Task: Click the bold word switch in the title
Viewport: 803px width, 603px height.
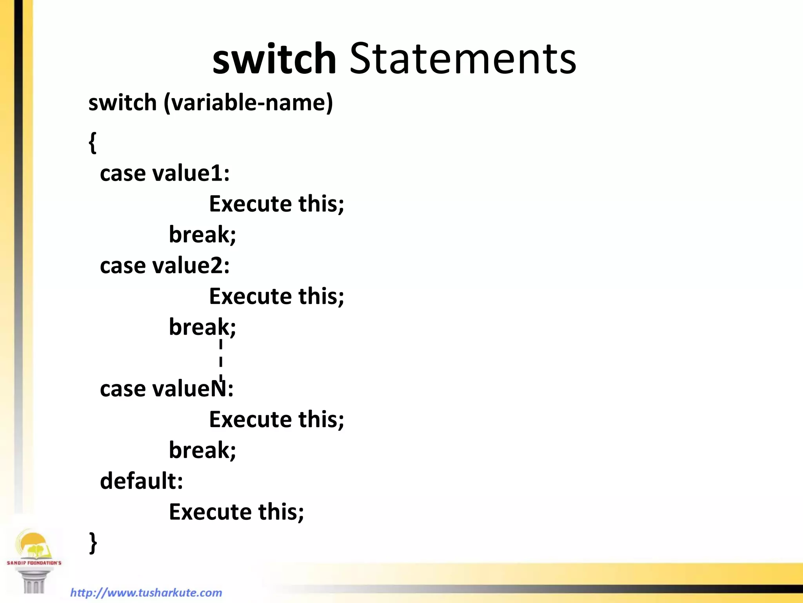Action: tap(274, 59)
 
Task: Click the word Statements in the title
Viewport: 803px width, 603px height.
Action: tap(463, 59)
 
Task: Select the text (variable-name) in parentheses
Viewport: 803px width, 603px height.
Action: tap(248, 103)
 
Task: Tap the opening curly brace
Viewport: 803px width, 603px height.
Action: tap(93, 142)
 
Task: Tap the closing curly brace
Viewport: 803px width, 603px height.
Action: tap(93, 543)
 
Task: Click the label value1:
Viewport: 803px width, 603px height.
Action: tap(191, 173)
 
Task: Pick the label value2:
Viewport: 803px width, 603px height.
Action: tap(191, 265)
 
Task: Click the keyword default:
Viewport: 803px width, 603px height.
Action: tap(142, 481)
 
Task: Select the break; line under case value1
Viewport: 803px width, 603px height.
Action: tap(202, 235)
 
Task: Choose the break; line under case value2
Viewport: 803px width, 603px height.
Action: tap(202, 327)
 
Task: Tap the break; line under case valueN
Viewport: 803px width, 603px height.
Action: tap(202, 450)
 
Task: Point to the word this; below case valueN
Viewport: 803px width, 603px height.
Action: tap(321, 419)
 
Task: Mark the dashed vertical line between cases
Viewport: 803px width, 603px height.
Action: tap(221, 359)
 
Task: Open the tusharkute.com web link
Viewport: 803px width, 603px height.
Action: tap(146, 592)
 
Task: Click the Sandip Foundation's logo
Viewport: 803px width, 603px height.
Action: tap(34, 559)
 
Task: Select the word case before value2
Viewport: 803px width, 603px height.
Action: tap(123, 265)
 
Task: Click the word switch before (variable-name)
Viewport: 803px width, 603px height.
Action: tap(122, 103)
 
